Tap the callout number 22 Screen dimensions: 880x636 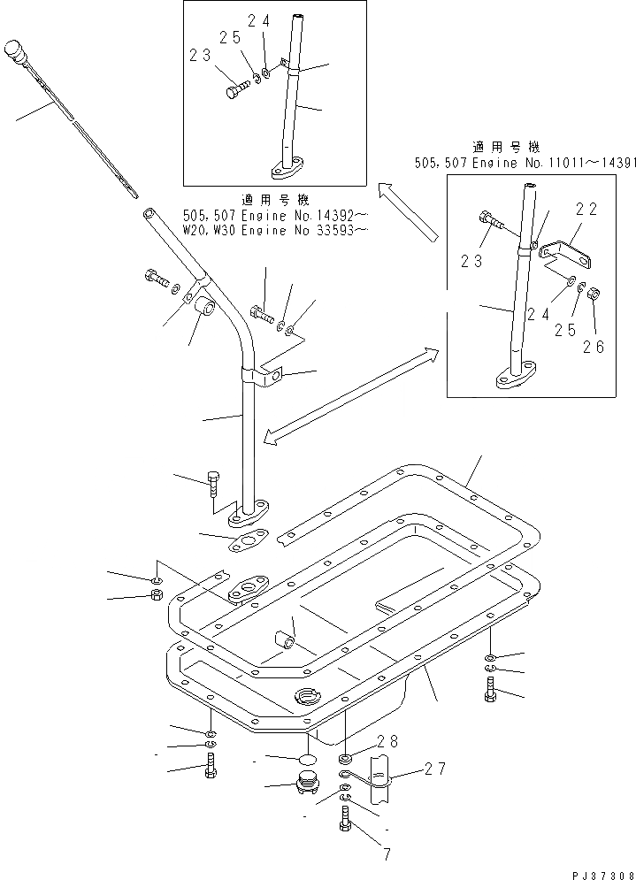(586, 210)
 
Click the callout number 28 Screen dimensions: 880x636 (387, 740)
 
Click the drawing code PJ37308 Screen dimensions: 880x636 (597, 870)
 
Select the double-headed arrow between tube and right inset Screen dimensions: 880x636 (352, 394)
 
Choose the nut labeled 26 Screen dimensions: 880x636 (595, 318)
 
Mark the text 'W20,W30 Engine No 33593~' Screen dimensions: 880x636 (275, 231)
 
